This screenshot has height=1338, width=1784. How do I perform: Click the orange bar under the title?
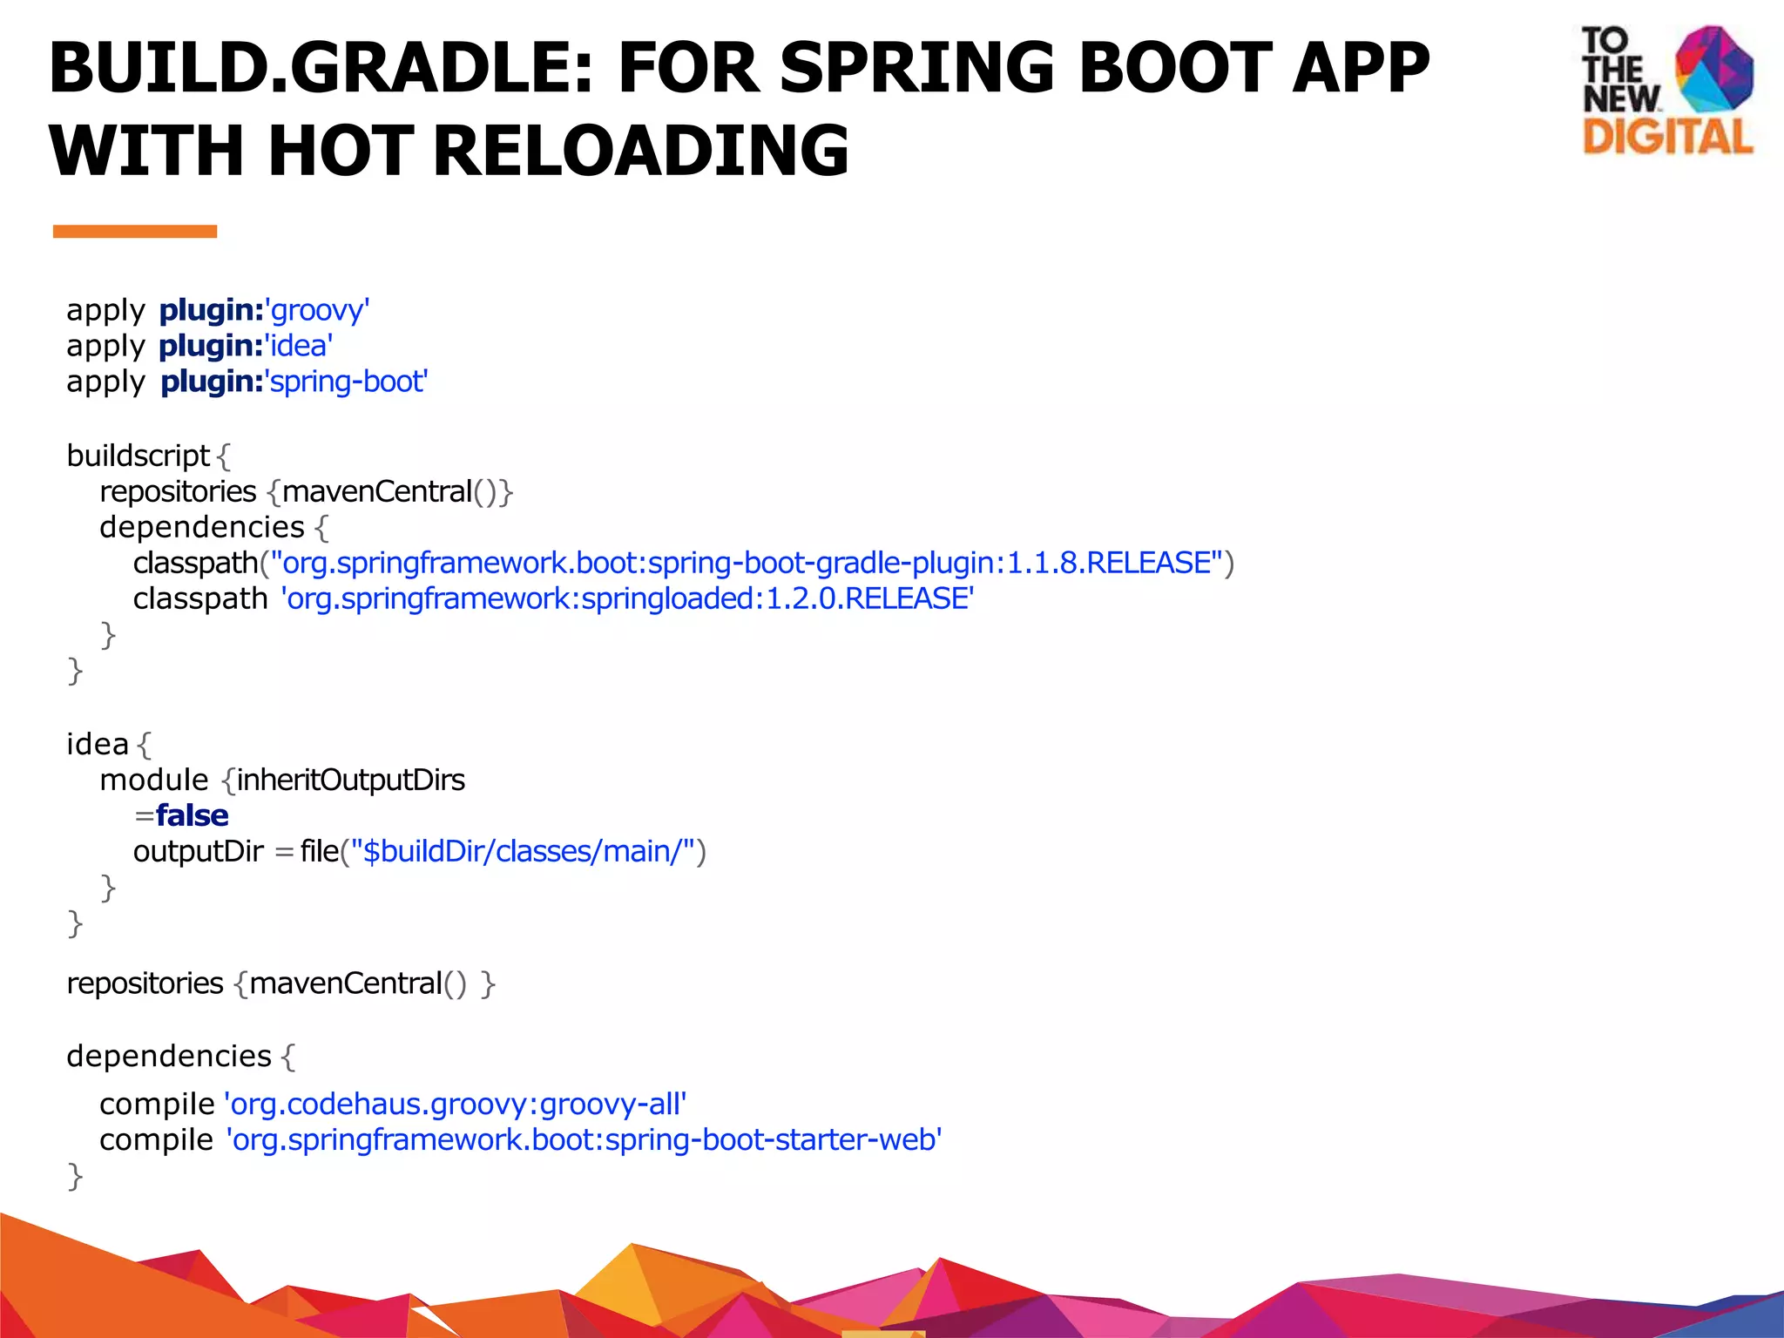pyautogui.click(x=134, y=231)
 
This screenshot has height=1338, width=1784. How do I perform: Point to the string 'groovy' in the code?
pyautogui.click(x=317, y=310)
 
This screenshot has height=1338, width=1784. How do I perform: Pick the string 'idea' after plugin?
pyautogui.click(x=298, y=346)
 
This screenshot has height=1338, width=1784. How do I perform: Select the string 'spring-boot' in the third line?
pyautogui.click(x=346, y=382)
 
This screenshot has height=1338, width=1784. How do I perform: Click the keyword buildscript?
pyautogui.click(x=138, y=456)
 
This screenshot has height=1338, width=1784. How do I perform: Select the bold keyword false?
pyautogui.click(x=192, y=815)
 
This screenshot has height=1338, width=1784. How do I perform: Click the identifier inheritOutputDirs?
pyautogui.click(x=350, y=780)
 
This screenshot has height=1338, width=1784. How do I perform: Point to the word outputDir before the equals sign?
pyautogui.click(x=198, y=851)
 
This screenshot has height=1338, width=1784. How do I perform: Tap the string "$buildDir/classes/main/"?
pyautogui.click(x=523, y=851)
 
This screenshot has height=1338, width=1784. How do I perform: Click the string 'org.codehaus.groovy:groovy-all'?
pyautogui.click(x=456, y=1104)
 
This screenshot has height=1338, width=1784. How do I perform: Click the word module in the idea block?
pyautogui.click(x=154, y=780)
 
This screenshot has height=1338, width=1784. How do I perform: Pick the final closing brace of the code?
pyautogui.click(x=75, y=1176)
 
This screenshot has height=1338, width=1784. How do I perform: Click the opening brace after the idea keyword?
pyautogui.click(x=144, y=745)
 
